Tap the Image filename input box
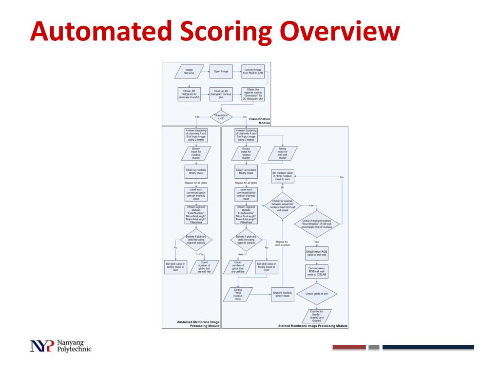pyautogui.click(x=188, y=72)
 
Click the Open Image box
pyautogui.click(x=221, y=72)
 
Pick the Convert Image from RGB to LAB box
pyautogui.click(x=252, y=72)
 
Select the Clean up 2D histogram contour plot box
pyautogui.click(x=221, y=93)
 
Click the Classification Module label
pyautogui.click(x=259, y=121)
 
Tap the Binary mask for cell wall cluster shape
pyautogui.click(x=282, y=153)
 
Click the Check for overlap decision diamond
pyautogui.click(x=282, y=206)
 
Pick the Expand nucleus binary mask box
pyautogui.click(x=282, y=294)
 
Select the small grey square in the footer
pyautogui.click(x=374, y=347)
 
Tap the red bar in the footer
pyautogui.click(x=349, y=347)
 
